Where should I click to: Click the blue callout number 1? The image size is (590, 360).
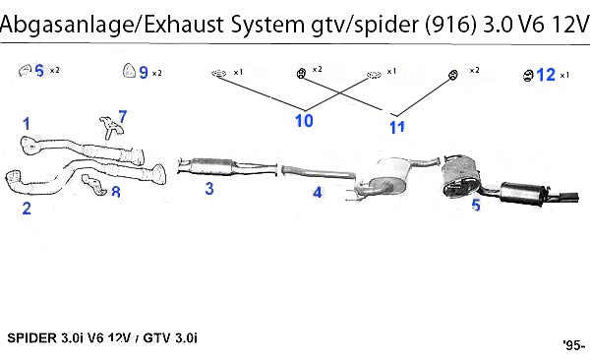pyautogui.click(x=26, y=124)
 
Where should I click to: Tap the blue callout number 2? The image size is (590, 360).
pyautogui.click(x=27, y=209)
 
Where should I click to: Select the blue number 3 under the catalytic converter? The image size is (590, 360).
pyautogui.click(x=209, y=188)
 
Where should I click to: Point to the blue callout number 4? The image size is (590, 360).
pyautogui.click(x=318, y=193)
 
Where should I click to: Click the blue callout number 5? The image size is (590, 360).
pyautogui.click(x=476, y=205)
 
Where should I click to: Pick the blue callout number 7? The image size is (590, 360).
pyautogui.click(x=123, y=116)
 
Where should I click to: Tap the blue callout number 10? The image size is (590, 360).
pyautogui.click(x=304, y=121)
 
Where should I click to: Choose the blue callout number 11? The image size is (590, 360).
pyautogui.click(x=397, y=127)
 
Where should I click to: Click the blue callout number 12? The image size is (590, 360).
pyautogui.click(x=546, y=75)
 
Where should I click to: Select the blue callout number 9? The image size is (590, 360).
pyautogui.click(x=144, y=73)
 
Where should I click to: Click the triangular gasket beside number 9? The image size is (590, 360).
pyautogui.click(x=129, y=71)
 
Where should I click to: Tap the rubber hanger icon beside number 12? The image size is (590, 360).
pyautogui.click(x=528, y=76)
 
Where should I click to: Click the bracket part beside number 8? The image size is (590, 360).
pyautogui.click(x=94, y=185)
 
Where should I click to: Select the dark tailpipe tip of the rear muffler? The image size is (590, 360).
pyautogui.click(x=569, y=198)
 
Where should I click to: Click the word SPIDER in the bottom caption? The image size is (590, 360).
pyautogui.click(x=32, y=337)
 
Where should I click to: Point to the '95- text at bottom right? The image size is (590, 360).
pyautogui.click(x=574, y=345)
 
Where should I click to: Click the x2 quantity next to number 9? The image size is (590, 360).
pyautogui.click(x=157, y=73)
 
